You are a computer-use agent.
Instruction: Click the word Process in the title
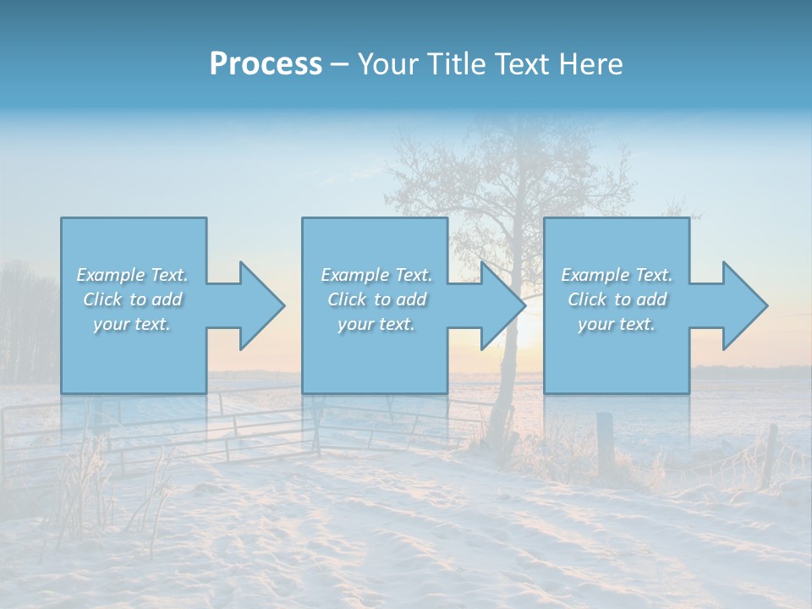tap(266, 64)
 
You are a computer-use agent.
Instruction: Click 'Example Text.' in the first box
tap(132, 275)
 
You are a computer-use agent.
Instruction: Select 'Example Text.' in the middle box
tap(376, 275)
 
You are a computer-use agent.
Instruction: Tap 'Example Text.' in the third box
tap(617, 275)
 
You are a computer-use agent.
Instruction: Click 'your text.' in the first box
tap(132, 324)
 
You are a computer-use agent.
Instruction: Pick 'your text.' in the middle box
tap(376, 324)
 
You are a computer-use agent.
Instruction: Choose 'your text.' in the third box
tap(617, 324)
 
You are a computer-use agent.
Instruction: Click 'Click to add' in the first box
tap(132, 299)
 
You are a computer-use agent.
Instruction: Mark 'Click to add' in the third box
tap(617, 299)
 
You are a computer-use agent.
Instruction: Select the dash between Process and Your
tap(340, 65)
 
